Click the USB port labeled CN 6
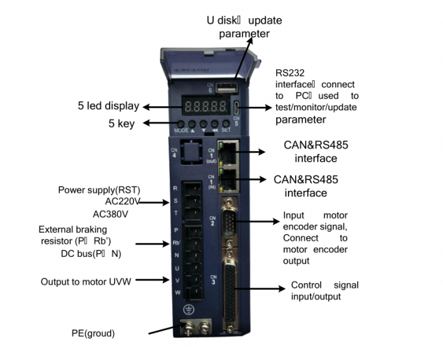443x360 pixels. click(225, 87)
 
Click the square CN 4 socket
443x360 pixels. click(191, 154)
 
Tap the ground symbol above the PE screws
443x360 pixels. click(190, 312)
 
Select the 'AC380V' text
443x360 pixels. click(112, 213)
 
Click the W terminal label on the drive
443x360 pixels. click(175, 292)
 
